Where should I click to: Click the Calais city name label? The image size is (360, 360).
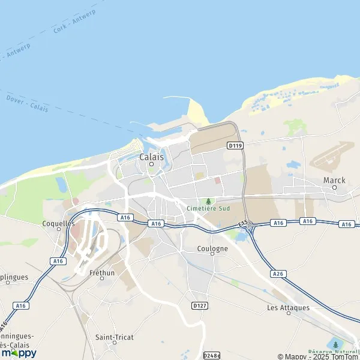tap(151, 157)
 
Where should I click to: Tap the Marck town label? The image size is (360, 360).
tap(334, 179)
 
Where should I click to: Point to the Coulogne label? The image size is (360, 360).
tap(212, 248)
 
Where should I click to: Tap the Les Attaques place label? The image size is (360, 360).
tap(288, 308)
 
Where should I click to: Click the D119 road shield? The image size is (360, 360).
tap(234, 145)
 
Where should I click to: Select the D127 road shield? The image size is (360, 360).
tap(200, 305)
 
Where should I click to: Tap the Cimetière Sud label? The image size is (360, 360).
tap(208, 209)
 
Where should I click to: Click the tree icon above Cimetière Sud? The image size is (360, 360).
tap(208, 201)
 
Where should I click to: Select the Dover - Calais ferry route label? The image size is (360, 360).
tap(26, 103)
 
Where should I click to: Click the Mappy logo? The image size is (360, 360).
tap(19, 353)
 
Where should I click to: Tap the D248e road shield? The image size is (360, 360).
tap(212, 355)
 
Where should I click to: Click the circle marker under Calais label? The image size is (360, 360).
tap(151, 164)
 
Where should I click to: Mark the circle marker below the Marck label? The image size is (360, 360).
tap(334, 187)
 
